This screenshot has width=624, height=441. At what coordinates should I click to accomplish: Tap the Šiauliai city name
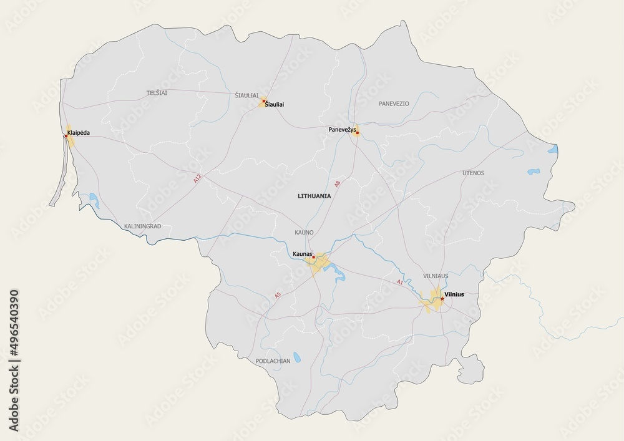click(274, 105)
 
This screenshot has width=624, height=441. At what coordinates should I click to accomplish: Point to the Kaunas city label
click(302, 254)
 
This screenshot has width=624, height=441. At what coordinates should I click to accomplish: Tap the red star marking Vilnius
click(442, 299)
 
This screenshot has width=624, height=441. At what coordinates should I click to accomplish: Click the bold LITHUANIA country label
click(314, 195)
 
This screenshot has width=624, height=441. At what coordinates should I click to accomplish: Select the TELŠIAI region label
click(157, 93)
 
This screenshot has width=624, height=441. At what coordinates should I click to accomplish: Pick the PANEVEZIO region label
click(394, 104)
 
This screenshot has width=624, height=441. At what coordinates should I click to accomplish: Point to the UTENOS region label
click(473, 172)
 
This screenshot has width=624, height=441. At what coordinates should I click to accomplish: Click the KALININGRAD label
click(143, 225)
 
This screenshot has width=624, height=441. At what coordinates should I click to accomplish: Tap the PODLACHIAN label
click(273, 361)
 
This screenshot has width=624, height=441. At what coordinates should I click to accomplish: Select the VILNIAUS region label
click(436, 275)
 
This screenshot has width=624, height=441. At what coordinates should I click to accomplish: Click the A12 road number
click(198, 178)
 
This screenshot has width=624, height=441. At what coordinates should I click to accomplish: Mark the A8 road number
click(338, 183)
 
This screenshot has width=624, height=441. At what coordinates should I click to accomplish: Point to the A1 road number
click(400, 283)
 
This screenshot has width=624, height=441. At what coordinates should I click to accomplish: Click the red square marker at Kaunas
click(314, 258)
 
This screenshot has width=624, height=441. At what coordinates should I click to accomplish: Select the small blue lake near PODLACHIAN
click(298, 359)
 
